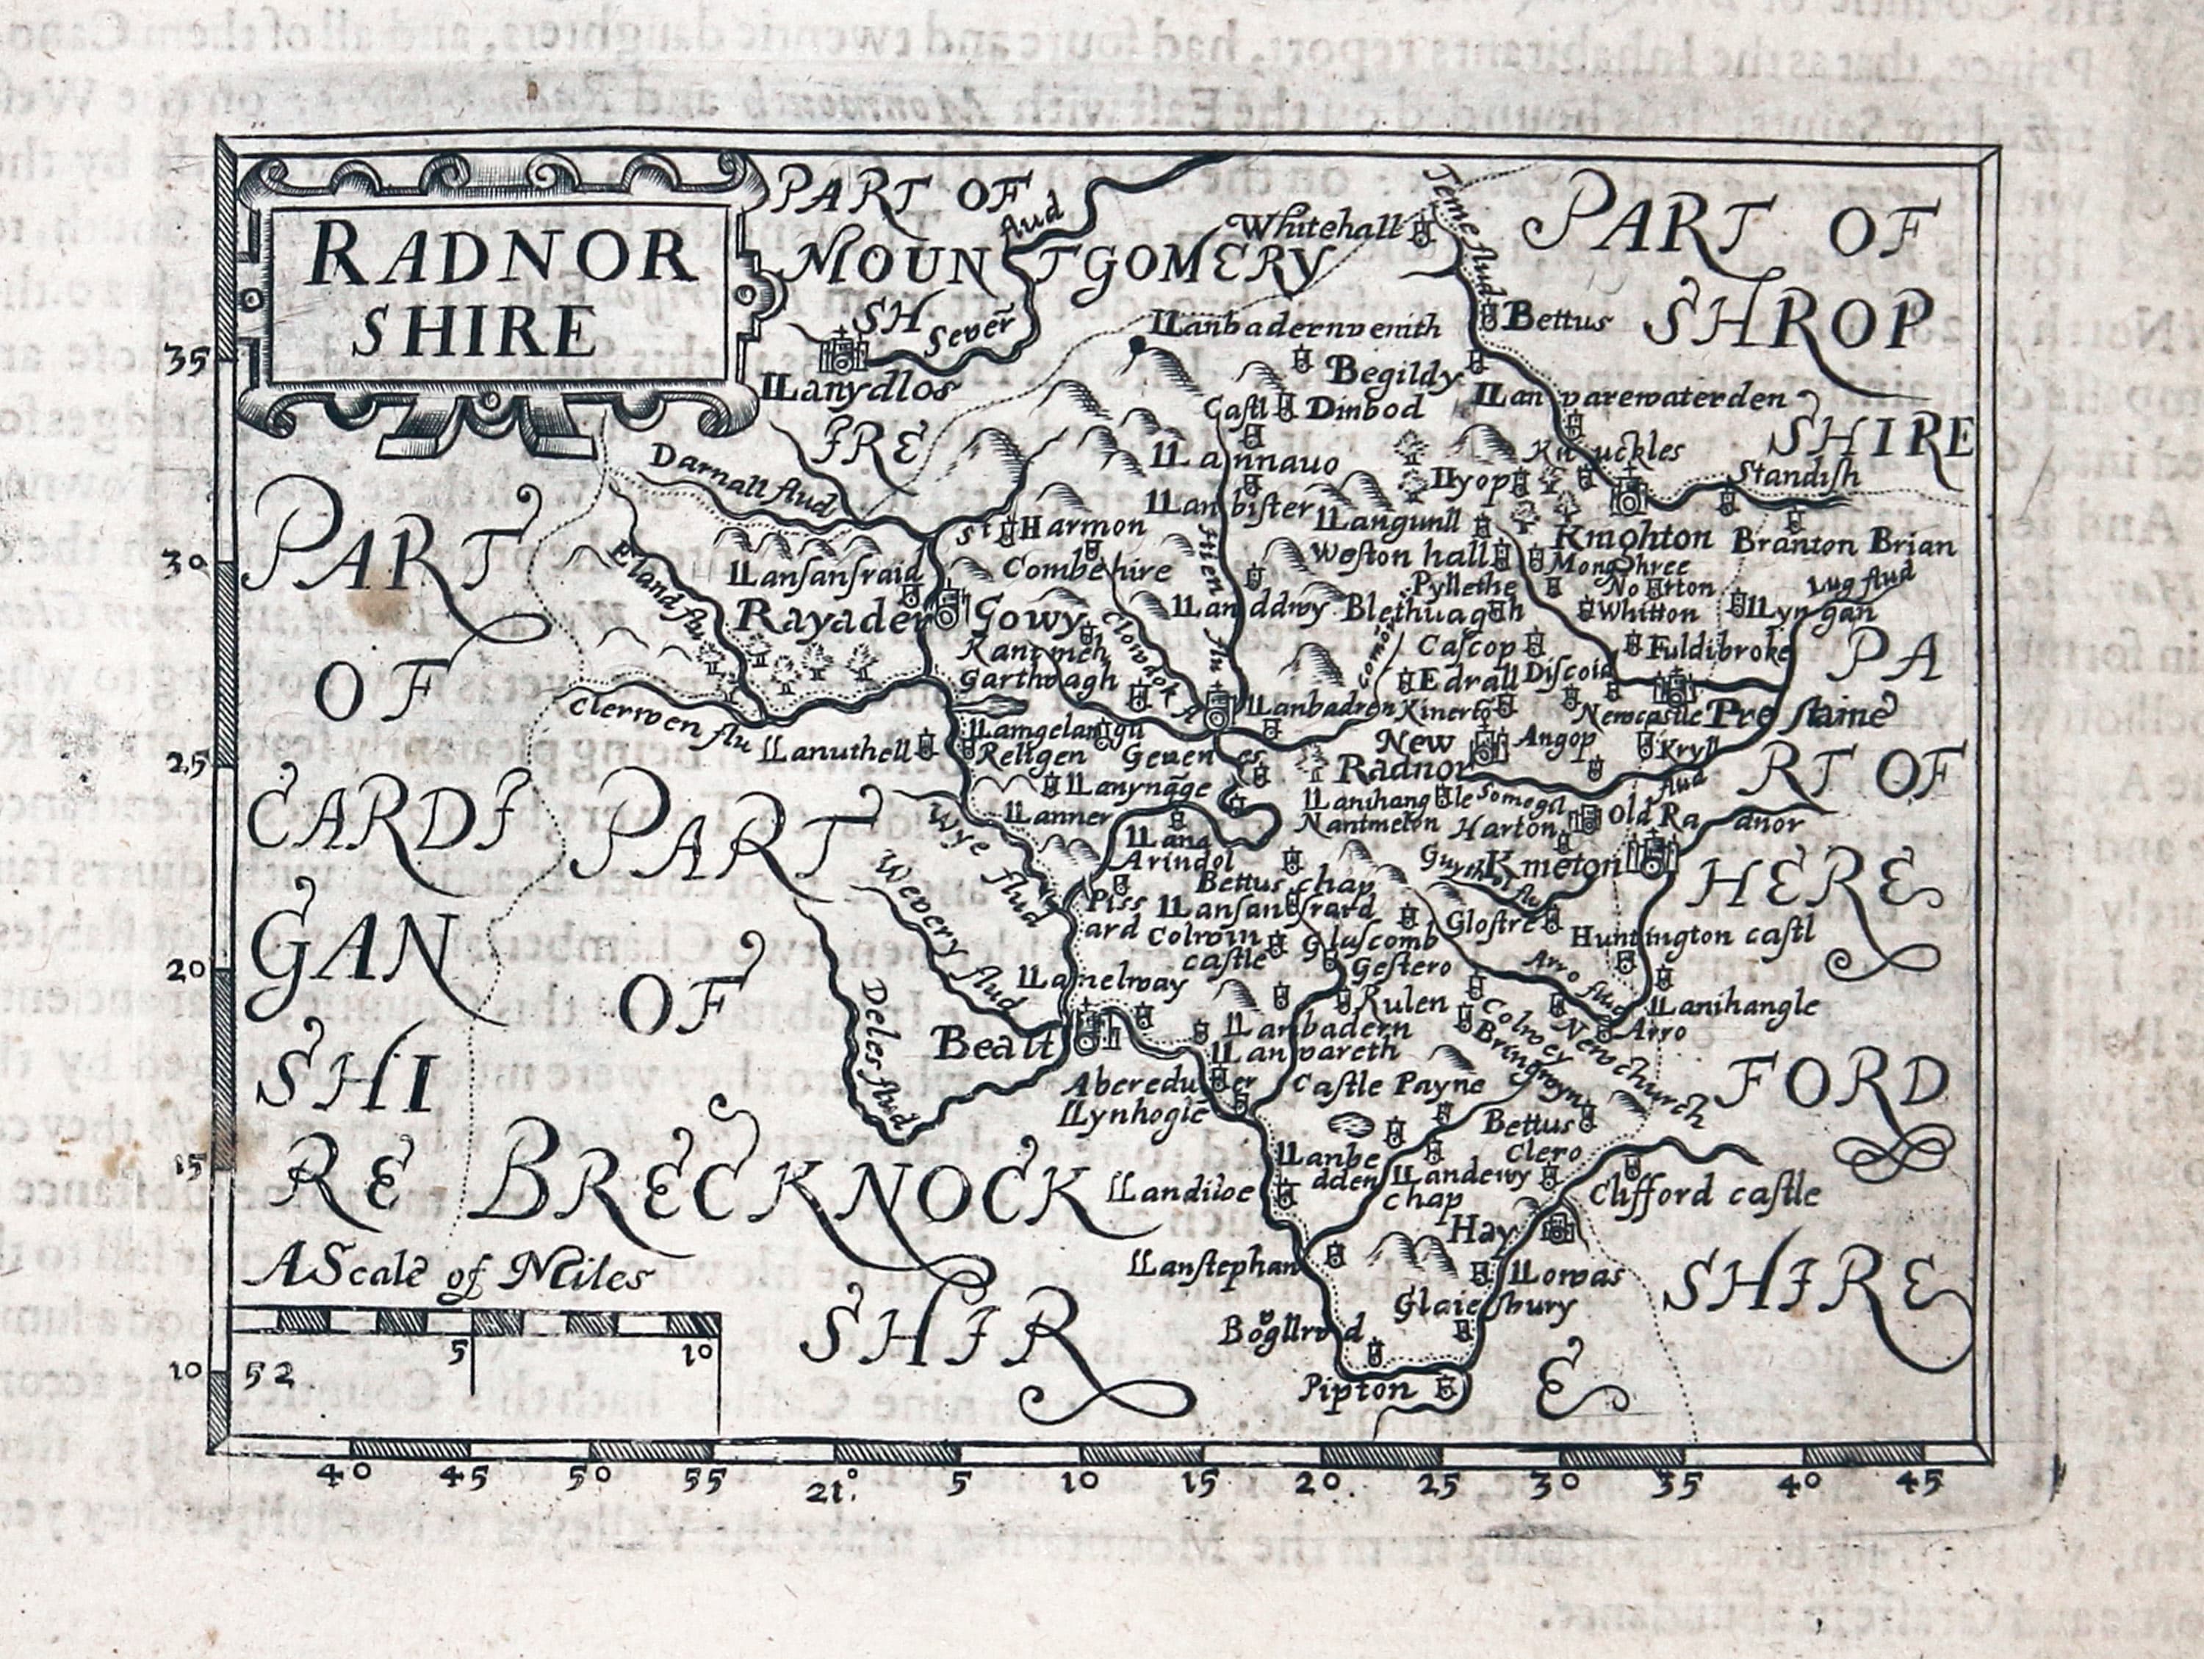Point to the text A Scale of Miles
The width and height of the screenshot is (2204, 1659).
click(x=444, y=1273)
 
